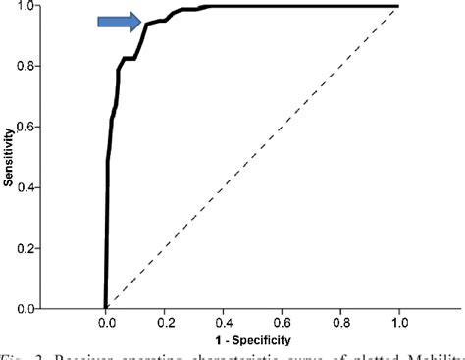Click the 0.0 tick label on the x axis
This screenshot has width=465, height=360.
point(105,322)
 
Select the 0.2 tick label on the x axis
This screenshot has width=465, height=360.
point(164,322)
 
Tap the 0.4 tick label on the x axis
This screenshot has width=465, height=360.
point(223,322)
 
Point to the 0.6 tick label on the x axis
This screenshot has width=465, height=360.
point(282,322)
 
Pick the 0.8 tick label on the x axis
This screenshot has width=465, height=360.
point(340,322)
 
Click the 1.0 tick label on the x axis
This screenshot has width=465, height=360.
point(399,322)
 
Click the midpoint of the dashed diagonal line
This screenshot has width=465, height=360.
point(252,157)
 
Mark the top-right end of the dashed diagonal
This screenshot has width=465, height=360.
point(398,7)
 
